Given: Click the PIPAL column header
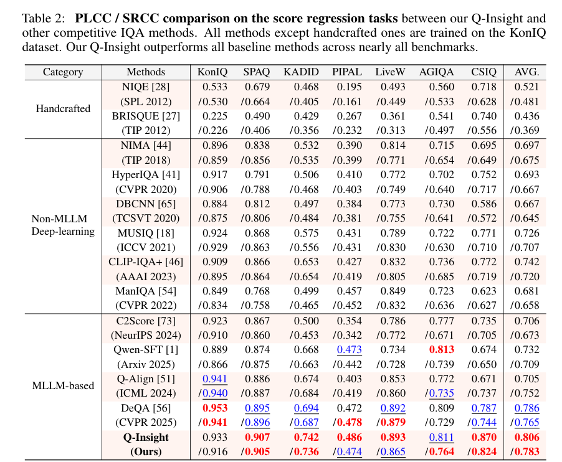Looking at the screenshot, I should tap(347, 72).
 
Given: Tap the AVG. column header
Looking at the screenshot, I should tap(526, 72).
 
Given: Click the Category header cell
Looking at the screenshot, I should tap(62, 72).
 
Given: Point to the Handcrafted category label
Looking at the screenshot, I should tap(62, 108).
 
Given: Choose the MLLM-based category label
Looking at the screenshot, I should tap(62, 386).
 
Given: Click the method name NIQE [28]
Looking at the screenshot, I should tap(146, 87).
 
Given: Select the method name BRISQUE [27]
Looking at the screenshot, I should tap(146, 116).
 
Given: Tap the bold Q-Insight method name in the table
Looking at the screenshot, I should tap(146, 437).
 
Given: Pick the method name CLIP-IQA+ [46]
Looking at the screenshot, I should tap(146, 262).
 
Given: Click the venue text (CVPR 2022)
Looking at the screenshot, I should tap(146, 305).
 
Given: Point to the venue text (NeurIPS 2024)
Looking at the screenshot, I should tap(146, 336).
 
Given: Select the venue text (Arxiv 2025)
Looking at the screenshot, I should tap(146, 364).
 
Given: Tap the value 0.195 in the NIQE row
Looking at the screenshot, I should tap(347, 87).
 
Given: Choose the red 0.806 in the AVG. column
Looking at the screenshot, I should tap(526, 437).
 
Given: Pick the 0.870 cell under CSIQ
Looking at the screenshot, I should tap(484, 437).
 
